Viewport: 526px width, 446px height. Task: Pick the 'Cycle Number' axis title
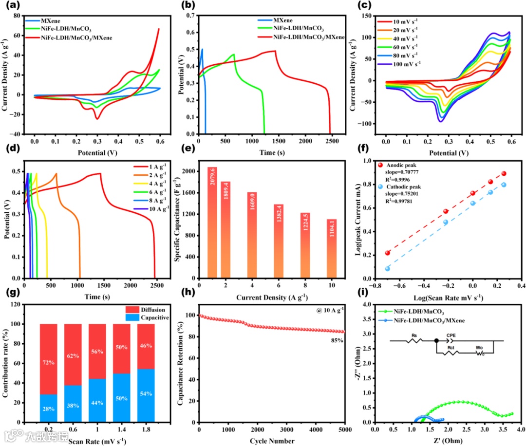tap(271, 441)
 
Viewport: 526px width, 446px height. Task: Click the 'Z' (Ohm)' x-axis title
tap(447, 442)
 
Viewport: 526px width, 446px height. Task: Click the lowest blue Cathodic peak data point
tap(387, 269)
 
